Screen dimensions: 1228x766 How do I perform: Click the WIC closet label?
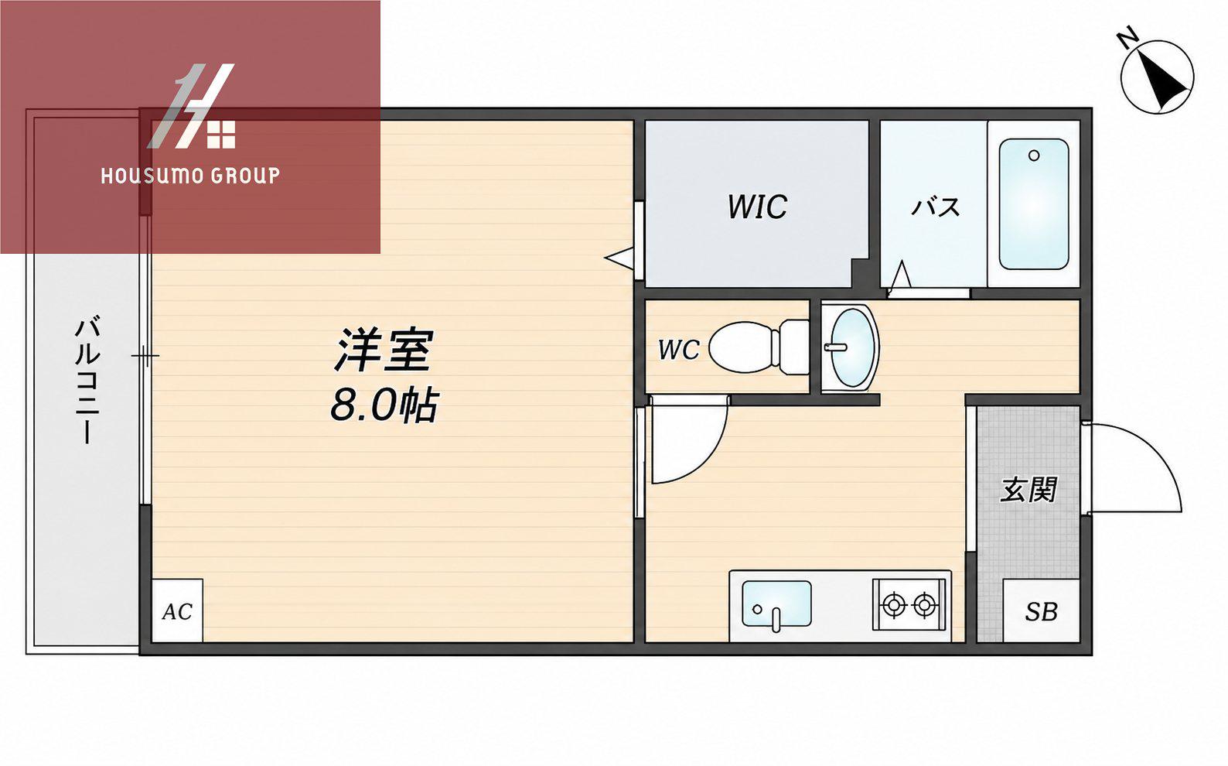tap(757, 207)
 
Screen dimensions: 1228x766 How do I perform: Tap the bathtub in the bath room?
tap(1033, 204)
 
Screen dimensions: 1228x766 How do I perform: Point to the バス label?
tap(935, 207)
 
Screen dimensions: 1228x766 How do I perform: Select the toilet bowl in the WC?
tap(758, 348)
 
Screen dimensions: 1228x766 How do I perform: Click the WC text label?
tap(679, 350)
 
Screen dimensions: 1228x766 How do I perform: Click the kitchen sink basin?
tap(776, 604)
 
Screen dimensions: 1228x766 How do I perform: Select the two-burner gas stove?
tap(909, 604)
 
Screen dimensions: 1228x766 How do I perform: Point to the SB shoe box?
tap(1041, 610)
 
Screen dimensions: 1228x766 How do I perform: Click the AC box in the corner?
tap(177, 610)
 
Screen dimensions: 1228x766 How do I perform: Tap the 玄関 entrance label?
tap(1028, 490)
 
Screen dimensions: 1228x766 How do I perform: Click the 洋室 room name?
tap(384, 350)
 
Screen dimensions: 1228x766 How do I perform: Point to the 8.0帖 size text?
tap(384, 405)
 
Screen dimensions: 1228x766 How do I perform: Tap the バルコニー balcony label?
tap(87, 379)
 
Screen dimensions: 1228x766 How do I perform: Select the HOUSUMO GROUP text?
tap(190, 176)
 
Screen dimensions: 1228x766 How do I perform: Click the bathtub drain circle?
tap(1034, 156)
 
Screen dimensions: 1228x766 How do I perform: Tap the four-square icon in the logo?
tap(221, 135)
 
